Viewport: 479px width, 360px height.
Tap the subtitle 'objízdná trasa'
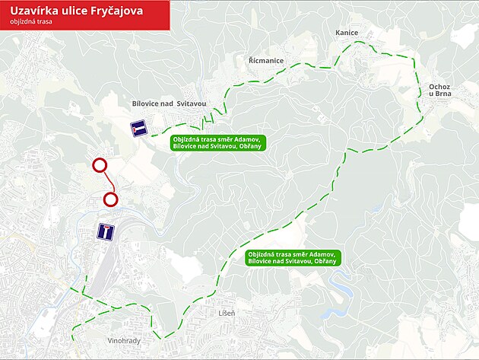click(x=31, y=23)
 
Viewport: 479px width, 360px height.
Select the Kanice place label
click(x=347, y=33)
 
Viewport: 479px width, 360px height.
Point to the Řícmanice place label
click(x=266, y=59)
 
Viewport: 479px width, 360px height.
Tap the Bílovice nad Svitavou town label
click(x=169, y=103)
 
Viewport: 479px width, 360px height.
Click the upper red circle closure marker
click(x=99, y=165)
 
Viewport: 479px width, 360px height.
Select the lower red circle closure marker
click(x=110, y=199)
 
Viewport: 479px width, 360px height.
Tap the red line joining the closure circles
click(x=106, y=182)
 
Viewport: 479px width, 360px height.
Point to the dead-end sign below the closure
click(x=106, y=231)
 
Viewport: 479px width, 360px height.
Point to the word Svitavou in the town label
click(x=192, y=103)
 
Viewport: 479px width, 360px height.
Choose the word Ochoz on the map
click(x=440, y=87)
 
